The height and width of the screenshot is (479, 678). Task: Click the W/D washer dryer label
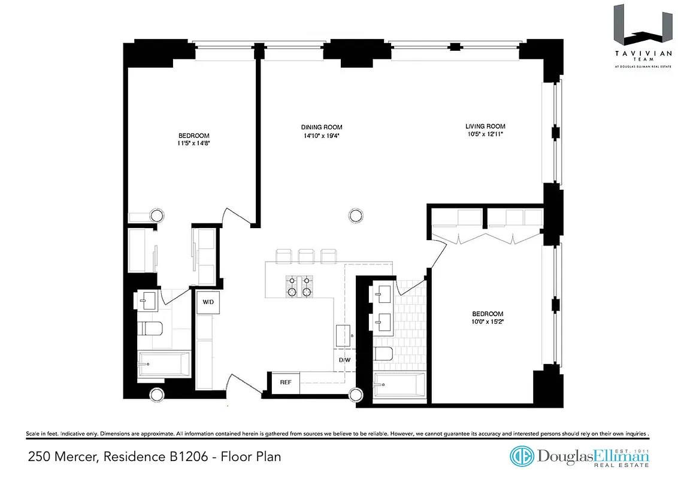coord(208,302)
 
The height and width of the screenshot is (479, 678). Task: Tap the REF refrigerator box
coord(285,381)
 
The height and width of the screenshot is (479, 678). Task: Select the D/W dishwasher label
coord(344,360)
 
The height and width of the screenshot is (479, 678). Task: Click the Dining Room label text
coord(322,127)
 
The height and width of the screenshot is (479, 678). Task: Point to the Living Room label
coord(485,126)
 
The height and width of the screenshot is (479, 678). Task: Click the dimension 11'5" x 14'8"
coord(193,144)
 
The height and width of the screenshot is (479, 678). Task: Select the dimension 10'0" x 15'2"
coord(488,322)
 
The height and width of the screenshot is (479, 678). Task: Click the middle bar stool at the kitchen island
coord(305,256)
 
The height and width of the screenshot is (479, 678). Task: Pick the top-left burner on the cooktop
coord(293,280)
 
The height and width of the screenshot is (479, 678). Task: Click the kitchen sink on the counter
coord(344,335)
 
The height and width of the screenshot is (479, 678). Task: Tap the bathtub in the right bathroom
coord(399,384)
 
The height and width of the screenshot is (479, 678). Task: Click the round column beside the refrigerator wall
coord(356,395)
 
